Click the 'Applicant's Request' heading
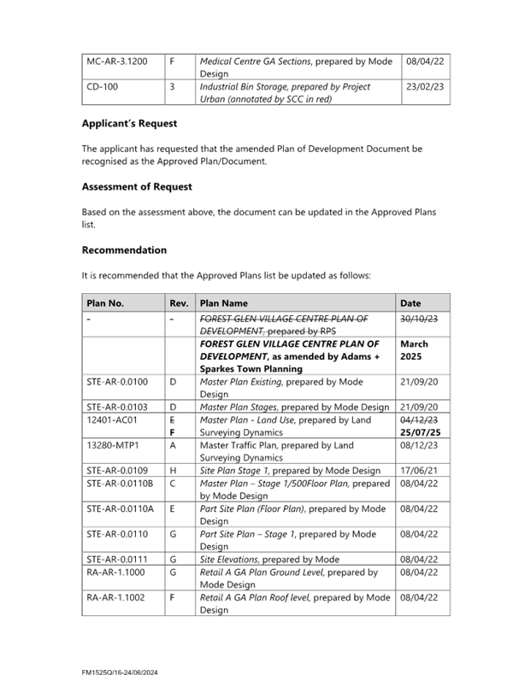pyautogui.click(x=129, y=124)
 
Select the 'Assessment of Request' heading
pyautogui.click(x=136, y=187)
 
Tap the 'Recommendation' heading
pyautogui.click(x=124, y=250)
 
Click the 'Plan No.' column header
pyautogui.click(x=105, y=303)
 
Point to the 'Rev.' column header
pyautogui.click(x=179, y=303)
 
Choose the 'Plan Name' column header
pyautogui.click(x=223, y=303)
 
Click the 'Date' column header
pyautogui.click(x=410, y=303)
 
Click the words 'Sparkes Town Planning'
pyautogui.click(x=251, y=369)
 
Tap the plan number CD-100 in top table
pyautogui.click(x=102, y=87)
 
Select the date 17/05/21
pyautogui.click(x=415, y=471)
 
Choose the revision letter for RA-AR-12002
pyautogui.click(x=172, y=596)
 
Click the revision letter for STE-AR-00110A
pyautogui.click(x=172, y=508)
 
